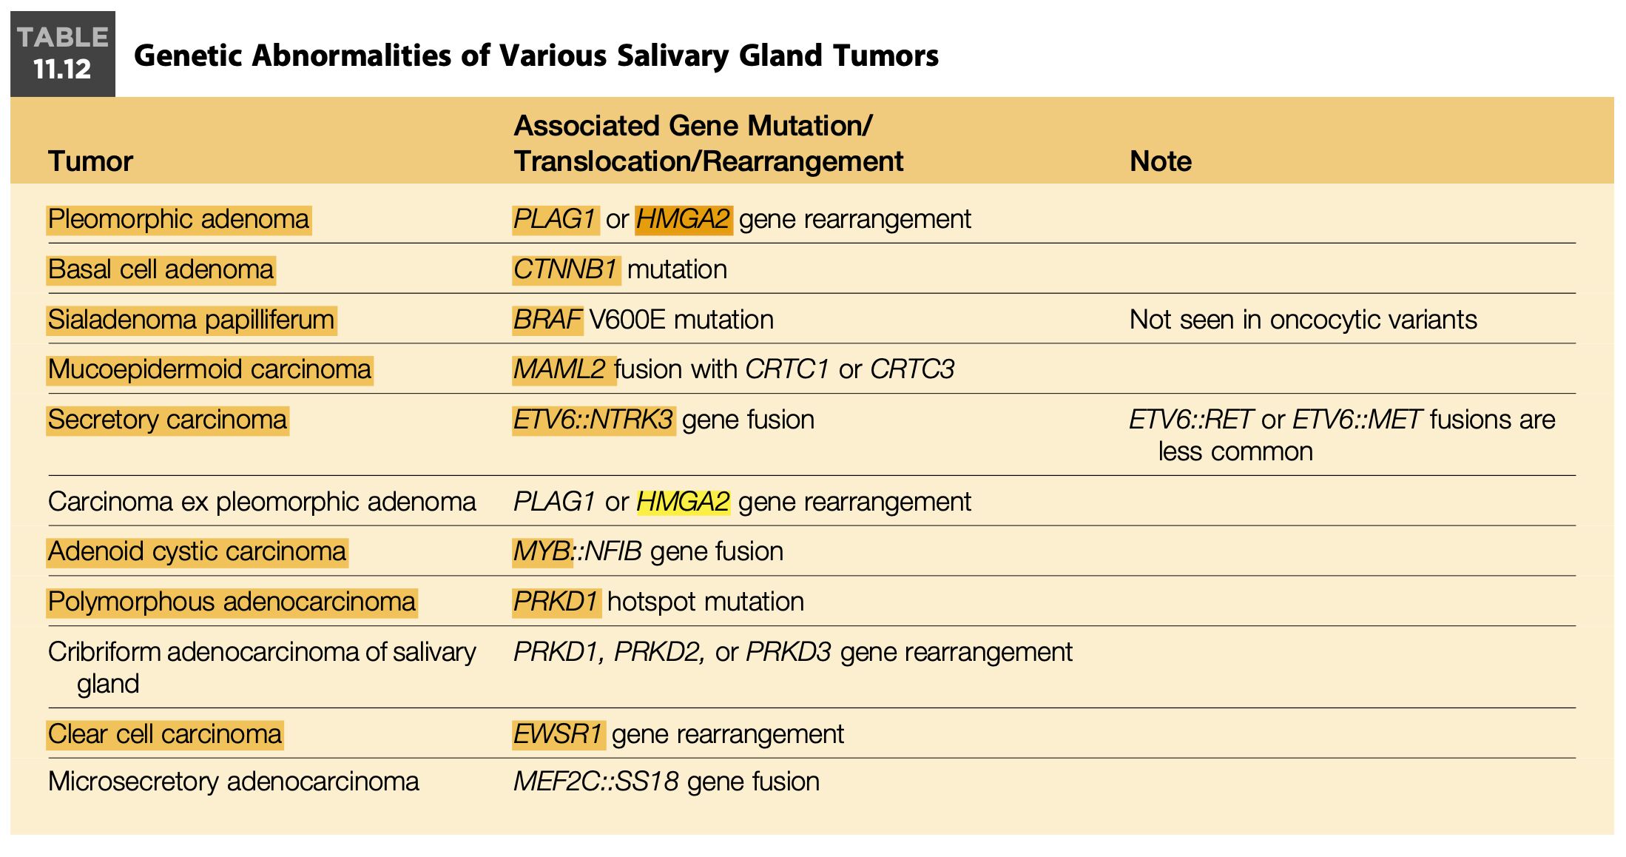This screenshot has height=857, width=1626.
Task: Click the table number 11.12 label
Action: tap(62, 70)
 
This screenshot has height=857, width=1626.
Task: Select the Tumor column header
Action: tap(90, 161)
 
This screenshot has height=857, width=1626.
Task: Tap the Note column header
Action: tap(1160, 161)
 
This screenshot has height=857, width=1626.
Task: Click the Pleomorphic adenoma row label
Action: tap(178, 219)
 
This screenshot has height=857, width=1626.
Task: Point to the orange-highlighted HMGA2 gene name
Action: tap(684, 219)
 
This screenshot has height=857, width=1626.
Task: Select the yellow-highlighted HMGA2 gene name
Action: tap(684, 502)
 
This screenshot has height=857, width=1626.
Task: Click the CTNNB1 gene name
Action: tap(565, 269)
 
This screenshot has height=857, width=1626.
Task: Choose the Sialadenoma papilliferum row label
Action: tap(191, 320)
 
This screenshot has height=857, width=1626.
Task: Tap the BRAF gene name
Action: tap(547, 320)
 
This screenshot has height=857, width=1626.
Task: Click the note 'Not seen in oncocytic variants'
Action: tap(1303, 320)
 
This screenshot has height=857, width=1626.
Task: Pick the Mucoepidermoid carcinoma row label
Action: tap(209, 369)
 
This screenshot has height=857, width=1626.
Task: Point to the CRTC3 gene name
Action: tap(912, 369)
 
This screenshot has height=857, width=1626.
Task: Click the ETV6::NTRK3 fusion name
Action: tap(593, 420)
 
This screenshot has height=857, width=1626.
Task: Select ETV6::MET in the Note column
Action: tap(1357, 420)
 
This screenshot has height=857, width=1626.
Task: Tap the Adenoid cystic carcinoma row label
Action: tap(197, 551)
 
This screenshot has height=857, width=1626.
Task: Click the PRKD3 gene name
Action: tap(789, 652)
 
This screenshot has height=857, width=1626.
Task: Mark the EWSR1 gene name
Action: tap(559, 734)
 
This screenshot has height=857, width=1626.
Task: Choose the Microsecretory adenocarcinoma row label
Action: tap(233, 782)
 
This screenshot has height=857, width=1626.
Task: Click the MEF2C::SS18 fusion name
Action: tap(596, 782)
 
